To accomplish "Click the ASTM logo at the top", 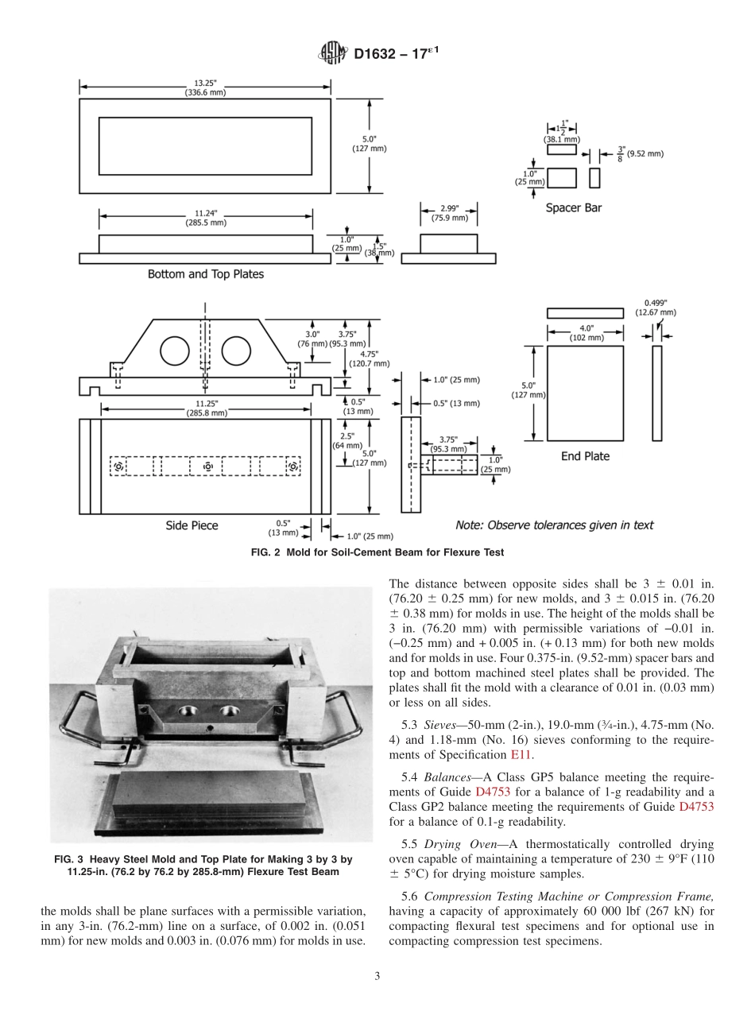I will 333,55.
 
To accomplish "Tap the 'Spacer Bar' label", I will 573,208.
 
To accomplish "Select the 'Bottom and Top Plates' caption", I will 206,274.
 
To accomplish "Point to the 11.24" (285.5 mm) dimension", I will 205,219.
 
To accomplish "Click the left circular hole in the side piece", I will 175,351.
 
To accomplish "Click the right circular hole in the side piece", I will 236,351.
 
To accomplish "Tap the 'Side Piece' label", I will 192,525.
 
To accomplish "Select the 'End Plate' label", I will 585,456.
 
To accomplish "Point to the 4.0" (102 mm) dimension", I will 585,333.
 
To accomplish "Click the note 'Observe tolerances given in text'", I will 554,525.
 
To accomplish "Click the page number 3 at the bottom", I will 377,976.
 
